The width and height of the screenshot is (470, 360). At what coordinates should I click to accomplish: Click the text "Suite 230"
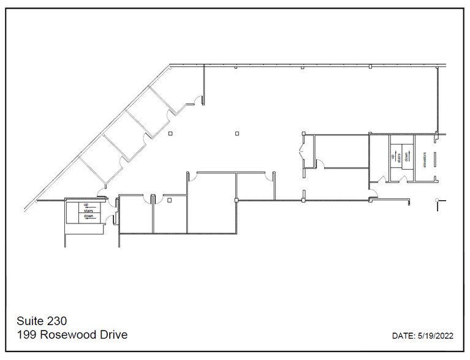42,321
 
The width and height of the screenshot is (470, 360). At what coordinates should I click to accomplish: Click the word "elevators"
423,159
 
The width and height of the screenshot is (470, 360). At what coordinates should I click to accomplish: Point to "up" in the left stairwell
86,204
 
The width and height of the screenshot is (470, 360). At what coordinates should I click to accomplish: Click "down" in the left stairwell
88,216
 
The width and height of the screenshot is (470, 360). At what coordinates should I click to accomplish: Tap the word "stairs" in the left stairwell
88,210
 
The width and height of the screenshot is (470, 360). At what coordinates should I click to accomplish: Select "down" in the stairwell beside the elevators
406,157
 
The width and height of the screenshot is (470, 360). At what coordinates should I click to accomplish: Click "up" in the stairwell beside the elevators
393,157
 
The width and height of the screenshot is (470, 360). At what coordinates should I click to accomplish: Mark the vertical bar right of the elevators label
435,159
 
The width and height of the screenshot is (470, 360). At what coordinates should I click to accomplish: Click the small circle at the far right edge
436,200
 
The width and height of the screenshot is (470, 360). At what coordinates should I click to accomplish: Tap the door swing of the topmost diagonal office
197,99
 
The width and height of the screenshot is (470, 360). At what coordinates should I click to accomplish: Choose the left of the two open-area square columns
170,133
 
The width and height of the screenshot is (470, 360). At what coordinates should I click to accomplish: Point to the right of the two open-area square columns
237,133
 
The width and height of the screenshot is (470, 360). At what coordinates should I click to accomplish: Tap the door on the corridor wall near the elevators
373,195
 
